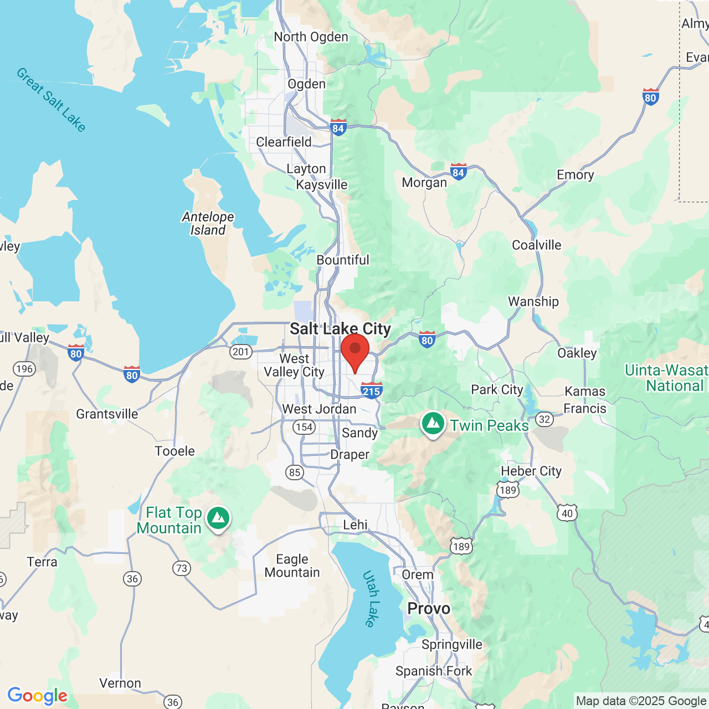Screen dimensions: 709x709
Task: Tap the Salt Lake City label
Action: tap(340, 328)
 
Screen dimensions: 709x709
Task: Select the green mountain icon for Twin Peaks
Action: tap(433, 424)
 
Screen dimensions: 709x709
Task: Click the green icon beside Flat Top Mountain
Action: tap(218, 519)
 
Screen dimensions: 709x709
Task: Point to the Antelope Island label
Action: tap(208, 224)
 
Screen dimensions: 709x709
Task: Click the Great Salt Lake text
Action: tap(51, 100)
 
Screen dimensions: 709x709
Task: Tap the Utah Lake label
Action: tap(371, 599)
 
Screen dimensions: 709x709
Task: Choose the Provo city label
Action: tap(429, 608)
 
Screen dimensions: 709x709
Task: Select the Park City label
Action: tap(497, 389)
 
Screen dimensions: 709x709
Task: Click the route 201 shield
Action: tap(241, 352)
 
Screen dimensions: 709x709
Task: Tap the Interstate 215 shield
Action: tap(371, 391)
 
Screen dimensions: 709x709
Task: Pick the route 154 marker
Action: tap(304, 427)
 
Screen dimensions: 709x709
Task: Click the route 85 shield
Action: tap(295, 472)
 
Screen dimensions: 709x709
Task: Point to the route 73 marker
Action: tap(182, 568)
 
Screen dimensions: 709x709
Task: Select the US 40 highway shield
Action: tap(567, 513)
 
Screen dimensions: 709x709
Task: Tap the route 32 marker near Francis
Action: tap(544, 419)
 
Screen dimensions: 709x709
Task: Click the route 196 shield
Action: tap(24, 369)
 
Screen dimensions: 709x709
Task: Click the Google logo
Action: tap(38, 696)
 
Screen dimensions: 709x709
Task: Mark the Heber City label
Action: tap(531, 471)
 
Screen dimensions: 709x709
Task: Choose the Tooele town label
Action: tap(175, 451)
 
